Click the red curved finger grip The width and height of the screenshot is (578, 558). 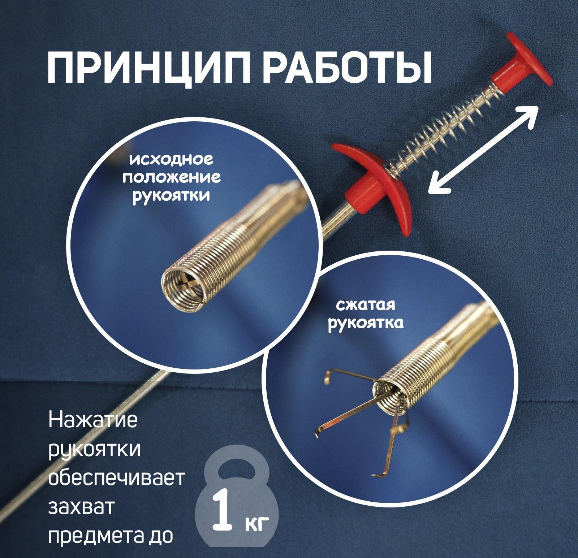coord(372,184)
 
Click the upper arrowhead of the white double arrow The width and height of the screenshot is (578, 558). coord(531,112)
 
